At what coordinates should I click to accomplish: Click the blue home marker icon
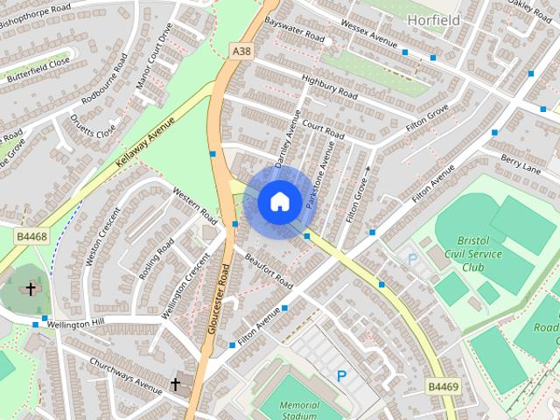[x=279, y=201]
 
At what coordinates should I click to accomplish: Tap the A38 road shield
[x=242, y=52]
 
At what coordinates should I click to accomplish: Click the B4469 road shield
[x=443, y=385]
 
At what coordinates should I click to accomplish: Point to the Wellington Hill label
[x=74, y=324]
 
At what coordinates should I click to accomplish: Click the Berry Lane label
[x=522, y=164]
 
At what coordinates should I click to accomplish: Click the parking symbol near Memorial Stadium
[x=342, y=375]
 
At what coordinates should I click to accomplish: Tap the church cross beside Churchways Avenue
[x=175, y=384]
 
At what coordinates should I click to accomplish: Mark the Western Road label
[x=194, y=203]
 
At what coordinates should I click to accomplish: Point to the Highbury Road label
[x=329, y=84]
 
